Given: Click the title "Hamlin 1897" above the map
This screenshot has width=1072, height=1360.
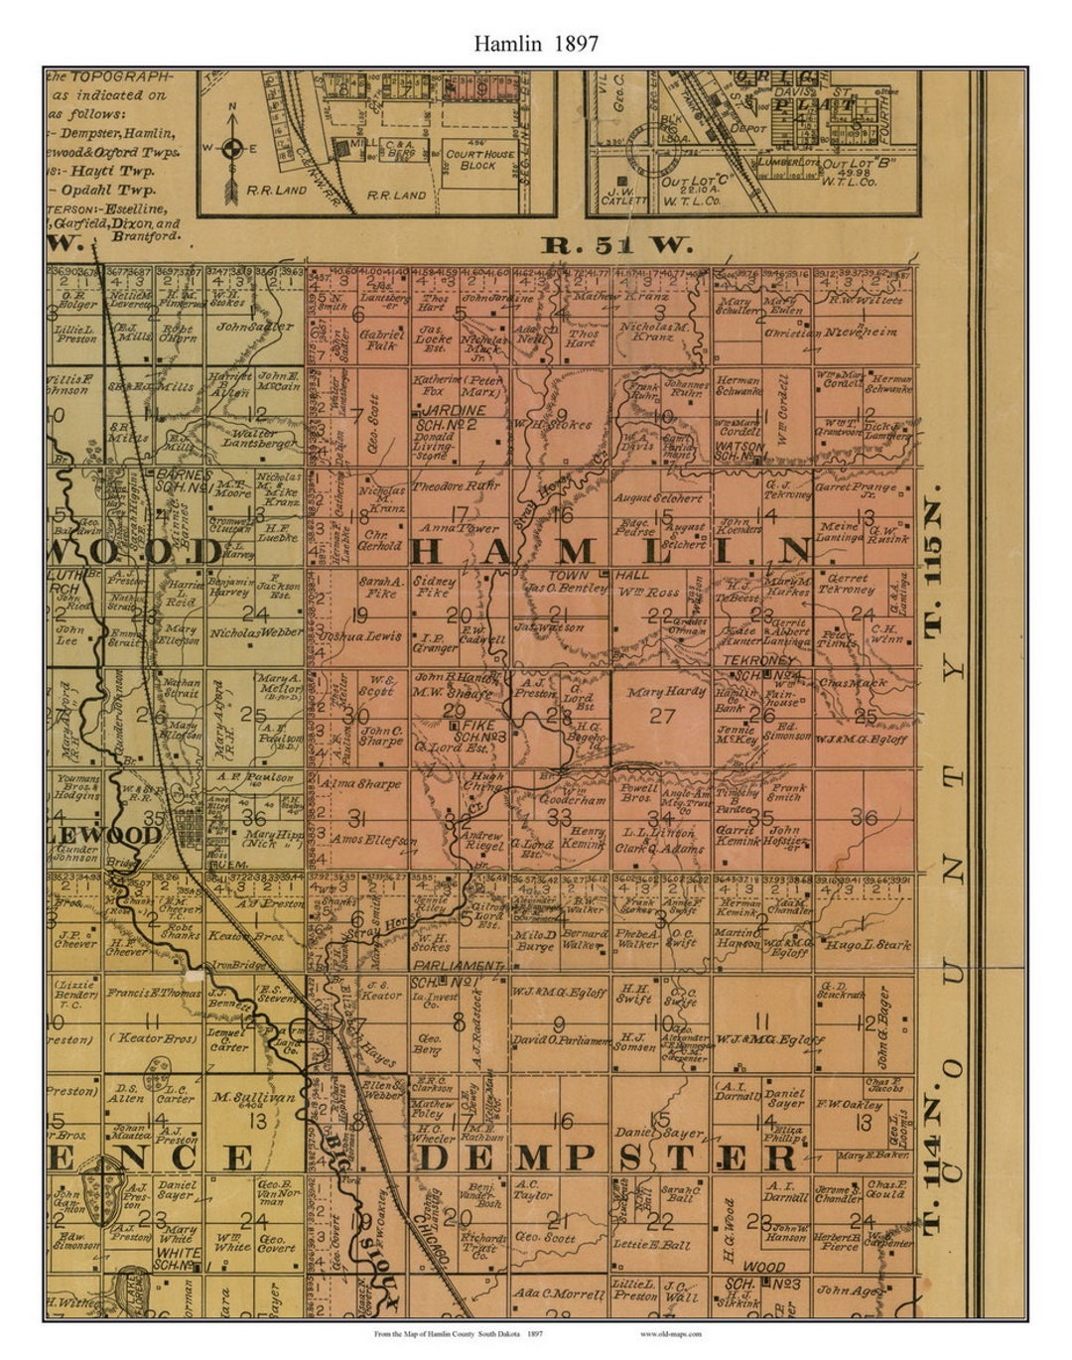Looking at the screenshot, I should (535, 43).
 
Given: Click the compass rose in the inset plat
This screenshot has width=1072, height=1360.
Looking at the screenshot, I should (231, 149).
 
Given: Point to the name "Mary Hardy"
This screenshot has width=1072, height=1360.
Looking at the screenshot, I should (665, 691).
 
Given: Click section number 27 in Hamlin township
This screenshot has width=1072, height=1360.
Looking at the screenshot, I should (661, 716).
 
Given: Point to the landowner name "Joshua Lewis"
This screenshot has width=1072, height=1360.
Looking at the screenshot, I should (360, 635).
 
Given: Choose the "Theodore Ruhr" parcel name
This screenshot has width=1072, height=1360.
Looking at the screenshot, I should (456, 486).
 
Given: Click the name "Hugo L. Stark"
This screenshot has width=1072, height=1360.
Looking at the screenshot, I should (868, 945).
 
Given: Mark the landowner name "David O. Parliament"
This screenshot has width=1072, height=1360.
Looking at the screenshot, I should (559, 1040).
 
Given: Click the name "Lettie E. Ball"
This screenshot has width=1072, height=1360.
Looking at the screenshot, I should (651, 1245).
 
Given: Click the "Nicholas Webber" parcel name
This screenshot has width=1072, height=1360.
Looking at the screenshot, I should (255, 631).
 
